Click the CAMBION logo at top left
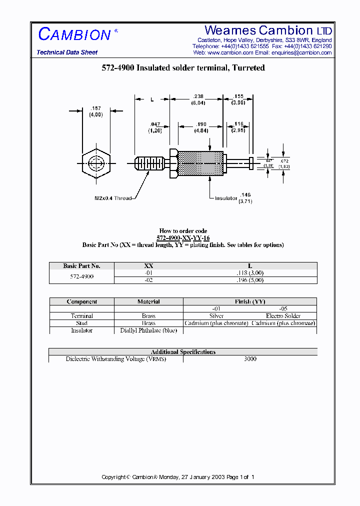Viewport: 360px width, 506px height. click(x=75, y=34)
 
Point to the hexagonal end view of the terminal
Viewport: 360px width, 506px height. click(x=97, y=163)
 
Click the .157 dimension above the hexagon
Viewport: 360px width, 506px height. click(x=95, y=108)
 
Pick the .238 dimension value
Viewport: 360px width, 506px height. click(x=198, y=96)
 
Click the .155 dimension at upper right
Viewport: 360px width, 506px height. click(x=238, y=96)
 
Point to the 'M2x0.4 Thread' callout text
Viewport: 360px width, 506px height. click(x=113, y=198)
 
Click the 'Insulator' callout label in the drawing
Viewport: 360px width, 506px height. click(x=225, y=198)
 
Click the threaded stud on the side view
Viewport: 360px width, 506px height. click(x=150, y=163)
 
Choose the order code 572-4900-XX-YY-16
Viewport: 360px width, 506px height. click(x=183, y=238)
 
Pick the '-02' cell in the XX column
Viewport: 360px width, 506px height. click(x=148, y=280)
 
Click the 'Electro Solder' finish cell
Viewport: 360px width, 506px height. click(x=283, y=316)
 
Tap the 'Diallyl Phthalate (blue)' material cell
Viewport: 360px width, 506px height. click(x=148, y=330)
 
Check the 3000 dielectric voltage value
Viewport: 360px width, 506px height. click(x=250, y=359)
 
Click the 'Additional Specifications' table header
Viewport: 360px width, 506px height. click(x=183, y=352)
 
